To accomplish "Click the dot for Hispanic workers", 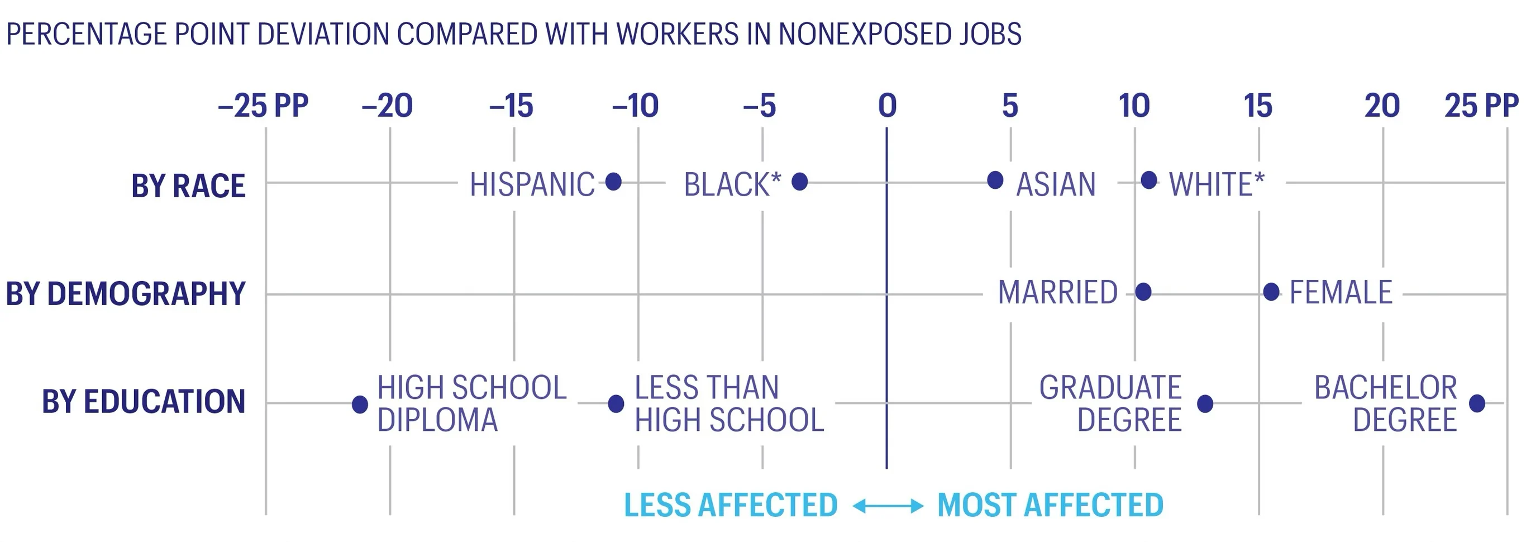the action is click(614, 181).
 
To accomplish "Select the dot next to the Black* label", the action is click(800, 181).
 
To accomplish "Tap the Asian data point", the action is click(995, 179).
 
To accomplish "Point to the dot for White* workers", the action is click(1148, 179).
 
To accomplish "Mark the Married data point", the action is click(1143, 292).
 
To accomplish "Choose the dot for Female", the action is click(1271, 292).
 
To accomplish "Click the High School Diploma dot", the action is click(360, 404).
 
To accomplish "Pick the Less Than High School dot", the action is click(616, 403).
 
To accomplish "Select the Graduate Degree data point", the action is click(1205, 403).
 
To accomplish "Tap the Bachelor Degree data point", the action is click(1477, 403).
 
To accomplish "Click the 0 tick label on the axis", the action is click(887, 106).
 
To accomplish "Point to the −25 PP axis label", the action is click(263, 106).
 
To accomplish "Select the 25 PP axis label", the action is click(1481, 106).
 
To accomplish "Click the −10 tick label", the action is click(635, 106).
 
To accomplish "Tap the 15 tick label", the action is click(1258, 106).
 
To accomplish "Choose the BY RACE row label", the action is click(188, 186).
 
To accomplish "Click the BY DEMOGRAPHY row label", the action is click(126, 294).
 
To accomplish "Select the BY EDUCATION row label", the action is click(144, 402).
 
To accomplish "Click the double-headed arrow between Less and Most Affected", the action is click(888, 506).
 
